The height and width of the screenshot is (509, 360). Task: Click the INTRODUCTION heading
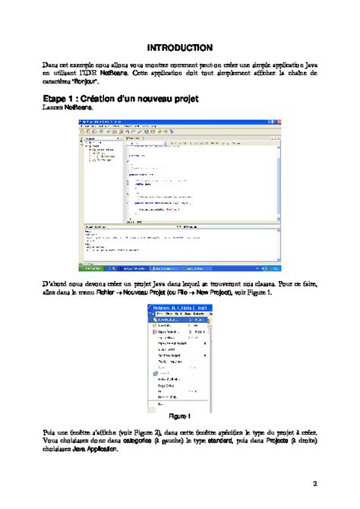point(179,48)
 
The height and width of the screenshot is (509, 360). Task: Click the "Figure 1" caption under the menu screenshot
point(179,416)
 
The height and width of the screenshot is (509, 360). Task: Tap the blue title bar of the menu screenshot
point(179,307)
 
